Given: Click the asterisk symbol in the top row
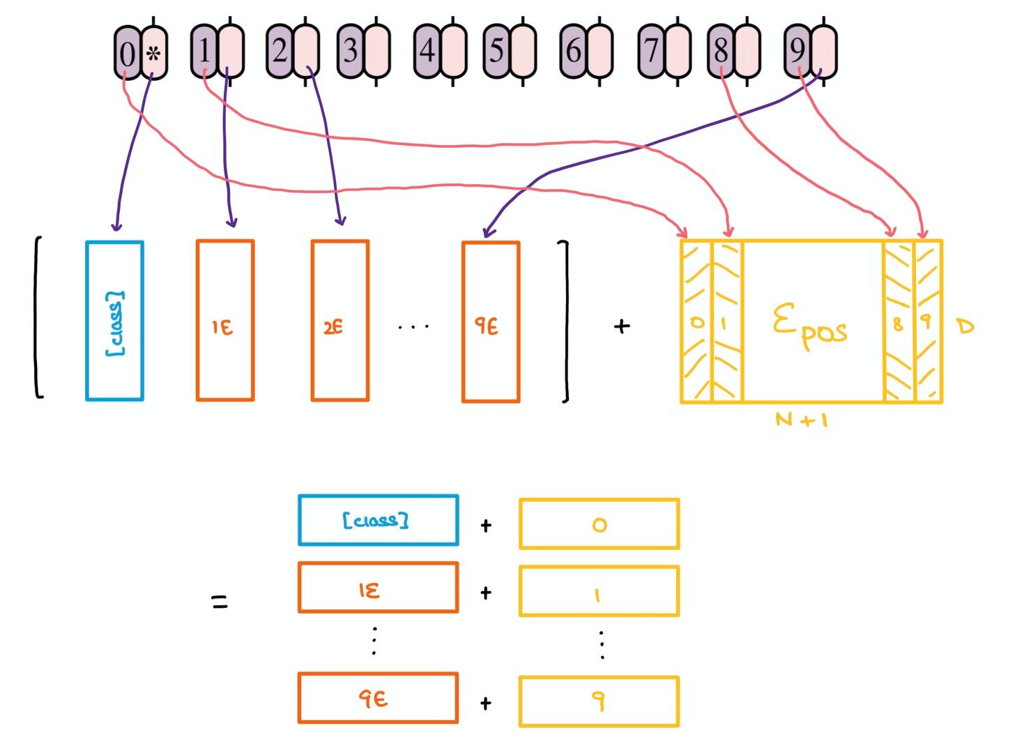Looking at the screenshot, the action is point(153,55).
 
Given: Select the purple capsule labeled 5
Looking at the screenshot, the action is point(497,52).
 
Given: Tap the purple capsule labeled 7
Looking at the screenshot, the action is point(652,51).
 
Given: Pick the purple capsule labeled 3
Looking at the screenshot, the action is point(351,52).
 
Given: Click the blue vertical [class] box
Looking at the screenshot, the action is point(114,321).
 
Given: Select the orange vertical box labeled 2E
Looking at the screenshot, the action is point(340,321).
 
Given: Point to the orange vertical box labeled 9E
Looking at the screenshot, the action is point(491,322).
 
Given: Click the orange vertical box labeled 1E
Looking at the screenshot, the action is point(225,321).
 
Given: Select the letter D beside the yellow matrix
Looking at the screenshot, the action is point(966,326).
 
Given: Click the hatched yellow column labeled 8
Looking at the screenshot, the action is point(898,321).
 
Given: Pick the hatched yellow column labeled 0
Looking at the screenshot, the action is point(696,321).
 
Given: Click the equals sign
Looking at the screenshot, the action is point(220,602).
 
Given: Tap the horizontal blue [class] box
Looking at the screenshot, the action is point(379,520).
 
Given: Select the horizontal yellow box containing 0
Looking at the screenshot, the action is point(599,524).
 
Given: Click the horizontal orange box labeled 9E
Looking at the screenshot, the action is point(379,698).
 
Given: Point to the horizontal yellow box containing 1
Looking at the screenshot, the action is point(599,591).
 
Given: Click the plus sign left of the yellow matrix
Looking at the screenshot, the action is point(622,326).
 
